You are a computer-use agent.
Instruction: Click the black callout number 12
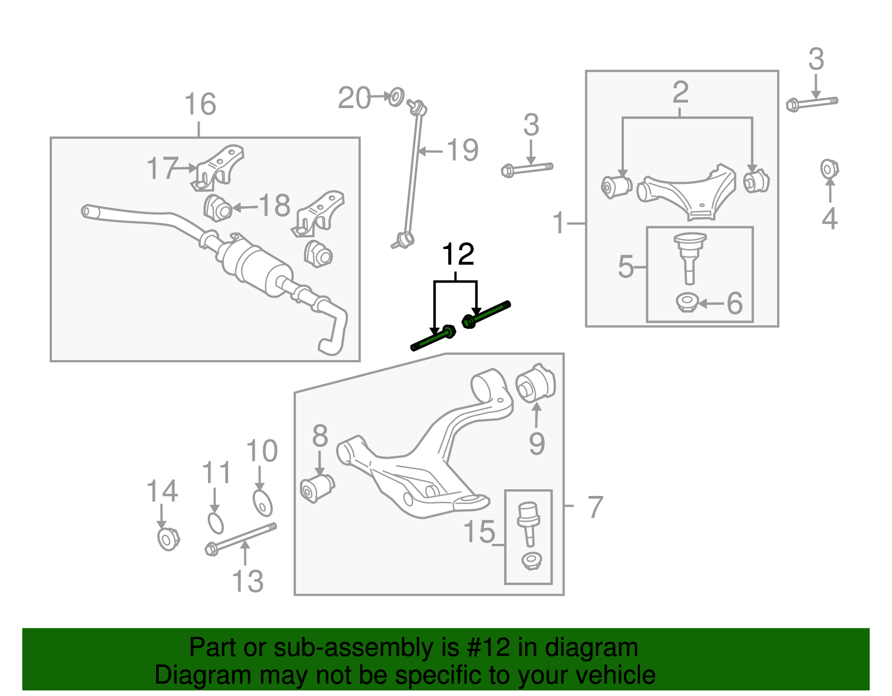pyautogui.click(x=458, y=255)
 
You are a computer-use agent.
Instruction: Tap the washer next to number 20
pyautogui.click(x=395, y=97)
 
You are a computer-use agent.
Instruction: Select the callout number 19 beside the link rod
pyautogui.click(x=463, y=150)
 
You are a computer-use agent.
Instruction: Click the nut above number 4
pyautogui.click(x=830, y=168)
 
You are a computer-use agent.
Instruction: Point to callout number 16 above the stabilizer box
pyautogui.click(x=200, y=105)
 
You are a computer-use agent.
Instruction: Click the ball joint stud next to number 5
pyautogui.click(x=690, y=256)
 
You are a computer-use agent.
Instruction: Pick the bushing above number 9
pyautogui.click(x=535, y=383)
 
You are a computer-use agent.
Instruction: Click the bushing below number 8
pyautogui.click(x=316, y=487)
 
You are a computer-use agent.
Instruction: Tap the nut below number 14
pyautogui.click(x=168, y=539)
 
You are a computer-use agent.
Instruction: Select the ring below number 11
pyautogui.click(x=215, y=523)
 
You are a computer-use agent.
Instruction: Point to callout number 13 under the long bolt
pyautogui.click(x=248, y=581)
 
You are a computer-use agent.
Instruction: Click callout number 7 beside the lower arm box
pyautogui.click(x=595, y=507)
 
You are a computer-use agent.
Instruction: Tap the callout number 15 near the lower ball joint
pyautogui.click(x=479, y=532)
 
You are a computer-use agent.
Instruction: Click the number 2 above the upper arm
pyautogui.click(x=680, y=92)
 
